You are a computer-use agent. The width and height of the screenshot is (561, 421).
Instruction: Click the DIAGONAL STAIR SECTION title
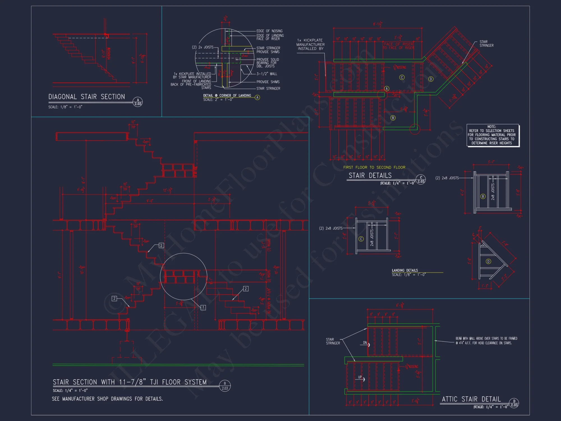point(87,97)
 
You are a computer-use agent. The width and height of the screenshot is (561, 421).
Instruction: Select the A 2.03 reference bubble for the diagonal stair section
point(138,102)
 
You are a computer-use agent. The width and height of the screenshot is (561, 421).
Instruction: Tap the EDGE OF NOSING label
point(269,31)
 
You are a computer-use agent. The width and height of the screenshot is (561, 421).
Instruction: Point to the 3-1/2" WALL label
point(266,74)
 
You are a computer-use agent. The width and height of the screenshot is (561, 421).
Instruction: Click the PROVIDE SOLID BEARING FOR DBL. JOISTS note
point(268,63)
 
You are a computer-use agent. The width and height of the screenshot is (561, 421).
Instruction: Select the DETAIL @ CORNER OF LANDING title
point(227,95)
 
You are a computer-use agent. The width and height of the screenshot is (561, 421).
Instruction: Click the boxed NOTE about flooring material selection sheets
point(493,135)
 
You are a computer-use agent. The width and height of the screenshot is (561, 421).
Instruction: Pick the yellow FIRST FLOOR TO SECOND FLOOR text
point(374,167)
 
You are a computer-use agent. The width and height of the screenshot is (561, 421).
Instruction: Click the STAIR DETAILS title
point(370,175)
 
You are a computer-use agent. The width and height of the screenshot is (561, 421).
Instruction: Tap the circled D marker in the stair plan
point(431,79)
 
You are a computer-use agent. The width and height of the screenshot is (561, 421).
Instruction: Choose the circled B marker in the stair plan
point(393,118)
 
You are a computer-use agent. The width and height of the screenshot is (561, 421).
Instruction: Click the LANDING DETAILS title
point(405,270)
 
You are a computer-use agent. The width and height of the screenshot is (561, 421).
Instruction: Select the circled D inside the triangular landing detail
point(488,261)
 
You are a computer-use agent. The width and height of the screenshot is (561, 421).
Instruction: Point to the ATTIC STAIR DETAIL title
point(471,399)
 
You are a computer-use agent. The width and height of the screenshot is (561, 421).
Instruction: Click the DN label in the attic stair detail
point(365,343)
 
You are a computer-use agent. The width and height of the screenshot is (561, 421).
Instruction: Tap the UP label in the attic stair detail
point(360,377)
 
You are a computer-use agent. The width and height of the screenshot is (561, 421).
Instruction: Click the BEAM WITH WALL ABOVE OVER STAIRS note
point(486,340)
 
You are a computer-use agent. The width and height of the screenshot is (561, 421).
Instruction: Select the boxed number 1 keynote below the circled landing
point(203,307)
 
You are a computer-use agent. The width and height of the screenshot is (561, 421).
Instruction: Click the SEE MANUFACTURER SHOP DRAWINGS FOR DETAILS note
point(107,399)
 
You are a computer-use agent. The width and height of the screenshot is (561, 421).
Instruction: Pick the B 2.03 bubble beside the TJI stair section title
point(225,386)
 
